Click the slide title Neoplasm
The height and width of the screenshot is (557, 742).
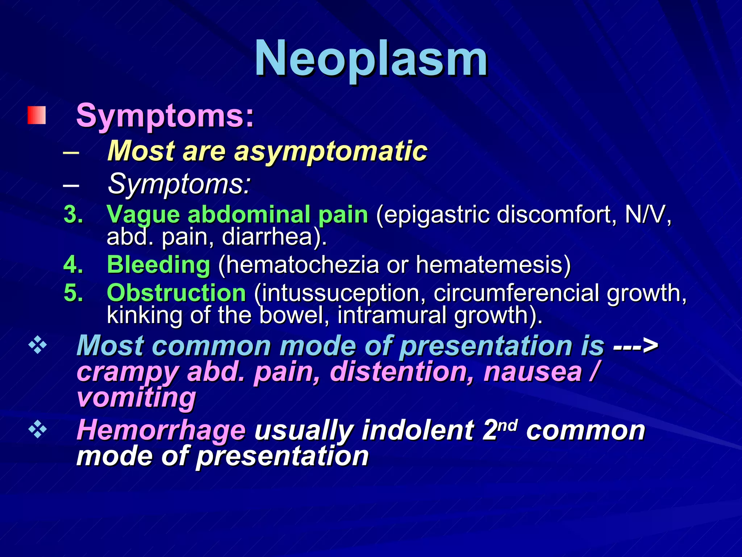pyautogui.click(x=371, y=58)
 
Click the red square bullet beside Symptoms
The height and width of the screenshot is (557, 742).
pyautogui.click(x=37, y=115)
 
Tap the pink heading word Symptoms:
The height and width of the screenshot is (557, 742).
pyautogui.click(x=165, y=116)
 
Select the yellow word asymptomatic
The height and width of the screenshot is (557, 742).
pyautogui.click(x=330, y=150)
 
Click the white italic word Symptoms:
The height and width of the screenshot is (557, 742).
pyautogui.click(x=179, y=183)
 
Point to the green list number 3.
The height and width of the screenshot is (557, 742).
pyautogui.click(x=73, y=214)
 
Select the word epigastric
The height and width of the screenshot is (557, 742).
pyautogui.click(x=437, y=215)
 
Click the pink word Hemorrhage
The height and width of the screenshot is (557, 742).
pyautogui.click(x=161, y=430)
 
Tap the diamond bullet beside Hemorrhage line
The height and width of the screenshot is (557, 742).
pyautogui.click(x=38, y=430)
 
